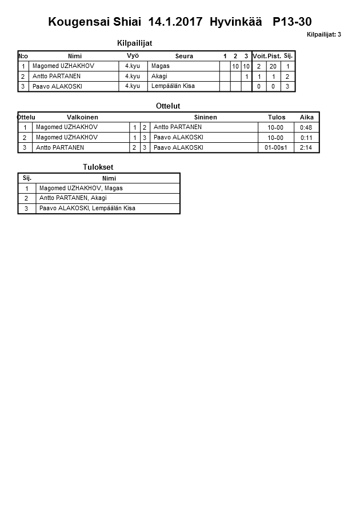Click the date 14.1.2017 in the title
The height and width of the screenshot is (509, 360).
pos(175,22)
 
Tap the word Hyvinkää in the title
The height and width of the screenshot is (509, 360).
pos(235,22)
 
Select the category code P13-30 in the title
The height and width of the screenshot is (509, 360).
pos(292,22)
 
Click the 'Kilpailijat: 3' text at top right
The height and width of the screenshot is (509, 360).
pos(323,35)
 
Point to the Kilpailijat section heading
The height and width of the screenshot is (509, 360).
pos(134,43)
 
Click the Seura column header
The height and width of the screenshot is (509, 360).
pos(184,56)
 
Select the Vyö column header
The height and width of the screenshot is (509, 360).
pos(133,56)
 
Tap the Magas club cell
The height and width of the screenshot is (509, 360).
pos(161,66)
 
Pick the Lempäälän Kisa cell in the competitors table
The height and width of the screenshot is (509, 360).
pos(173,86)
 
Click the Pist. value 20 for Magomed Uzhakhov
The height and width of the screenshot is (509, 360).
pos(274,66)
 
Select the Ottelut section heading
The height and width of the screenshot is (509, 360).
pos(168,106)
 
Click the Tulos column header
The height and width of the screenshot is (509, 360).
pos(277,117)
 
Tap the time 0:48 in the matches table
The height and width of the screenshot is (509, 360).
pos(306,127)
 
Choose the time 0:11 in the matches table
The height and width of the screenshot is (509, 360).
pos(306,138)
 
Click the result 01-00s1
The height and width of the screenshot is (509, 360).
pos(275,147)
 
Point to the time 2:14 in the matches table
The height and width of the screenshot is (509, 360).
pos(306,147)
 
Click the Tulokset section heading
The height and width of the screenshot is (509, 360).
pos(94,167)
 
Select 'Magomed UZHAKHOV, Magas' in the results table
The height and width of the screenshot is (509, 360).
pos(81,188)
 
